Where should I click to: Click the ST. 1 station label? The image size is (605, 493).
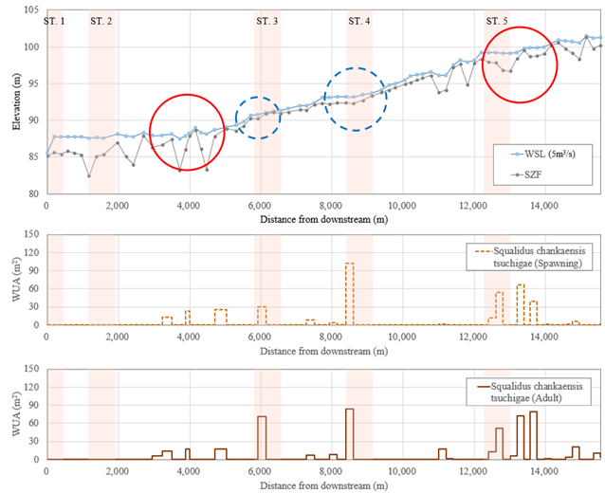pyautogui.click(x=54, y=21)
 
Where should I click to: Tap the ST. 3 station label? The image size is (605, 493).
pyautogui.click(x=267, y=21)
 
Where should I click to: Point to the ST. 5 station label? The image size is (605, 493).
pyautogui.click(x=497, y=21)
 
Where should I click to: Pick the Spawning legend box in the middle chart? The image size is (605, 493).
pyautogui.click(x=529, y=257)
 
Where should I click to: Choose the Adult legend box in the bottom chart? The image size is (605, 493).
pyautogui.click(x=528, y=392)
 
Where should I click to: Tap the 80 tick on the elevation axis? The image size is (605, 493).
pyautogui.click(x=34, y=193)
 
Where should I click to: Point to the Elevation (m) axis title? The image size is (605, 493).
pyautogui.click(x=16, y=101)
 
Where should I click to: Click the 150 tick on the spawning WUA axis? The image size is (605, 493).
pyautogui.click(x=31, y=234)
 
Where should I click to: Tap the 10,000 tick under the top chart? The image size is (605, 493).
pyautogui.click(x=402, y=206)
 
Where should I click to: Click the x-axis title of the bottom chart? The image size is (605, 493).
pyautogui.click(x=323, y=486)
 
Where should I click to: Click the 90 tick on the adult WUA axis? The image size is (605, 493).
pyautogui.click(x=34, y=405)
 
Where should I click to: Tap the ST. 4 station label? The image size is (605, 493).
pyautogui.click(x=359, y=21)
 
